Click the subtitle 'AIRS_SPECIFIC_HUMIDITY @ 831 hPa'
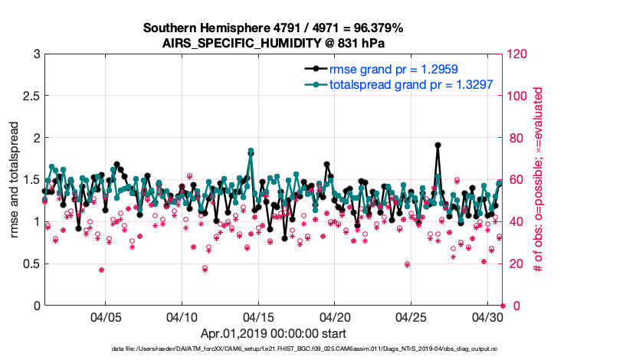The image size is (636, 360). [x=274, y=42]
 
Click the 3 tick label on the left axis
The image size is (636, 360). [x=36, y=54]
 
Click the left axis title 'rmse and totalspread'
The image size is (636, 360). [x=15, y=180]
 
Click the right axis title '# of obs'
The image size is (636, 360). [x=539, y=180]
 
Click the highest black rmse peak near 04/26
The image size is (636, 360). [x=437, y=145]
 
